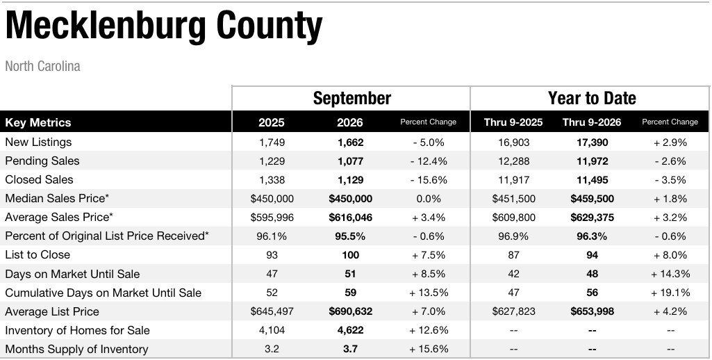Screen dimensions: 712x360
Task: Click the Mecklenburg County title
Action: pos(163,27)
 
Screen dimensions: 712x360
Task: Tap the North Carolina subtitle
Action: pos(42,66)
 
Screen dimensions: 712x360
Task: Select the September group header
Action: pos(352,98)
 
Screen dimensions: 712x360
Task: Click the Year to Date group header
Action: pos(592,98)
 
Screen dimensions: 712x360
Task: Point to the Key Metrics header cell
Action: pos(38,122)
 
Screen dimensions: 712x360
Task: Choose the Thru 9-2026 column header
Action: pos(592,122)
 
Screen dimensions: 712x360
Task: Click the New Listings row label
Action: pos(39,142)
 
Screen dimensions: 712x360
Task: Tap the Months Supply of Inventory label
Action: pos(76,349)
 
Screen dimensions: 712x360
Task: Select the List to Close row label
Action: pos(38,254)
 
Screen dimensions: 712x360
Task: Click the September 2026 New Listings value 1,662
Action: pos(350,142)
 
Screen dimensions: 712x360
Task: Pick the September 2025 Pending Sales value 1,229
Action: pos(272,161)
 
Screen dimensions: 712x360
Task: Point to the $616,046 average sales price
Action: pos(350,218)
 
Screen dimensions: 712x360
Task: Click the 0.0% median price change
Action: pos(429,199)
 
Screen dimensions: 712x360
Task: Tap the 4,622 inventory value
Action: pos(350,330)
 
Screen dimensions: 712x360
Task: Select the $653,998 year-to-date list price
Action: pos(592,311)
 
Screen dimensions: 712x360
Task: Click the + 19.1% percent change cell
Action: pos(670,293)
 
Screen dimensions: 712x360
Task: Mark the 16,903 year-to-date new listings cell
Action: pos(513,142)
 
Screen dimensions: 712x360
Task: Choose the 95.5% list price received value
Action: pos(350,236)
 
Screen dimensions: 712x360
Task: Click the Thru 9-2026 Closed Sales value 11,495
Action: pos(592,180)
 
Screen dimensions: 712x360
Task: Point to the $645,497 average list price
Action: pos(272,311)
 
